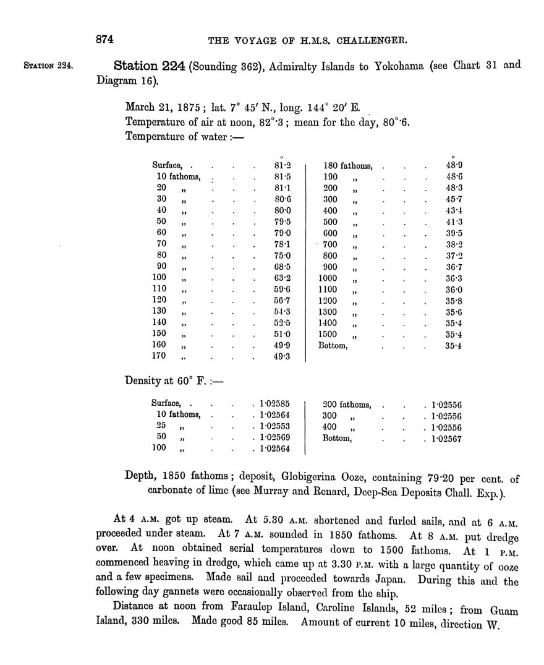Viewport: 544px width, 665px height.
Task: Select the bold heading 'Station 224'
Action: (x=149, y=65)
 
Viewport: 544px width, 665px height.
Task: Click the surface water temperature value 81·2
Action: (x=283, y=166)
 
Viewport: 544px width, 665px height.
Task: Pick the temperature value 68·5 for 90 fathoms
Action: (x=283, y=267)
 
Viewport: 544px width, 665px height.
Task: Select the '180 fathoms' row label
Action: (x=348, y=166)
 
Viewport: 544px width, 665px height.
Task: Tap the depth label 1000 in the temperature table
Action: (x=328, y=278)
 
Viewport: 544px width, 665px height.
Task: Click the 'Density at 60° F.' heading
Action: (x=171, y=382)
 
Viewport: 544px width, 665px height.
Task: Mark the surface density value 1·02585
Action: (x=275, y=404)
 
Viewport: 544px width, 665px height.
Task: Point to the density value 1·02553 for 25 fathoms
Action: (x=275, y=427)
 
